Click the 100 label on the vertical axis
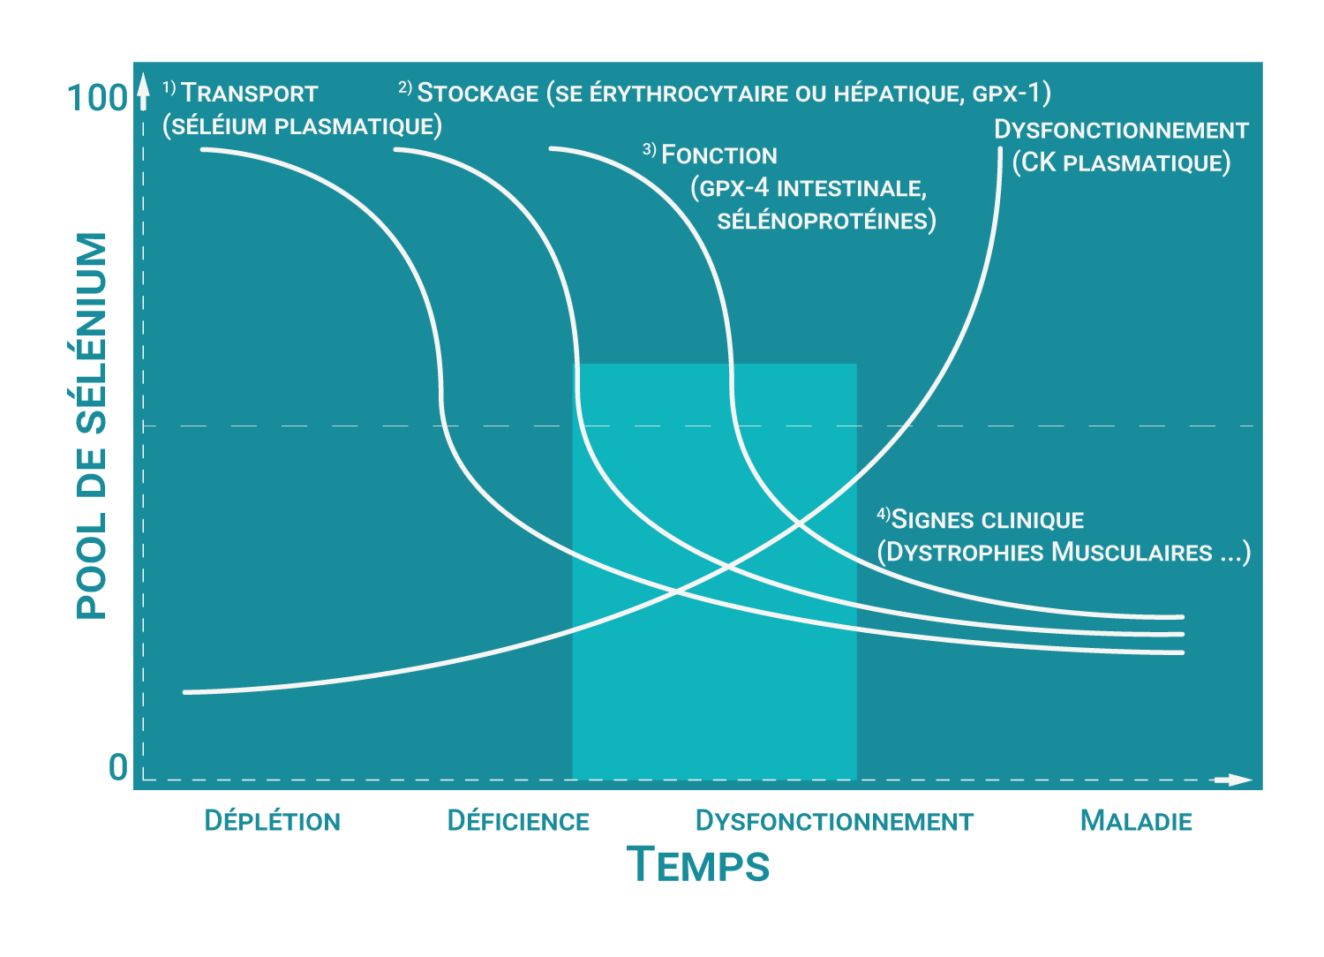click(x=97, y=98)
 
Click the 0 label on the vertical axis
click(x=118, y=767)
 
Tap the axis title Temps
click(x=697, y=864)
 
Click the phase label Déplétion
click(x=272, y=821)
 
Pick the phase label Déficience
click(x=518, y=821)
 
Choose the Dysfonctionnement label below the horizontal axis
click(x=834, y=821)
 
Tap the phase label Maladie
click(x=1136, y=821)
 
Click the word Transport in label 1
click(x=250, y=94)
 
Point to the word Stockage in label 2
click(x=478, y=93)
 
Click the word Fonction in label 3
click(x=719, y=155)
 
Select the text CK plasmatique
click(x=1121, y=163)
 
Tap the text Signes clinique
click(x=987, y=520)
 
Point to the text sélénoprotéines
click(x=825, y=221)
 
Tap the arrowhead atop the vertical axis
click(x=144, y=92)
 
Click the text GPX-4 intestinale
click(x=809, y=188)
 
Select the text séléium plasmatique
click(x=302, y=126)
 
